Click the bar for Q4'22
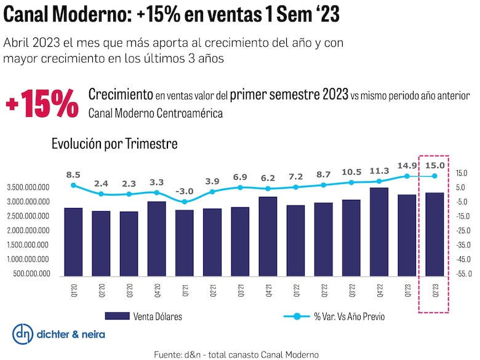click(x=379, y=231)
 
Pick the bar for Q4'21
click(x=268, y=236)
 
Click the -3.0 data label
click(x=185, y=191)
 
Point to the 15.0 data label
click(x=434, y=165)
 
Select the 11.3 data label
click(x=378, y=171)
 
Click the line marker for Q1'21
click(x=185, y=202)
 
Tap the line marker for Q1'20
click(x=73, y=185)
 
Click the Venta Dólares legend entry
click(x=143, y=317)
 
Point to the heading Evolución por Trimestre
click(x=114, y=144)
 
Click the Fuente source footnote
click(x=236, y=354)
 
